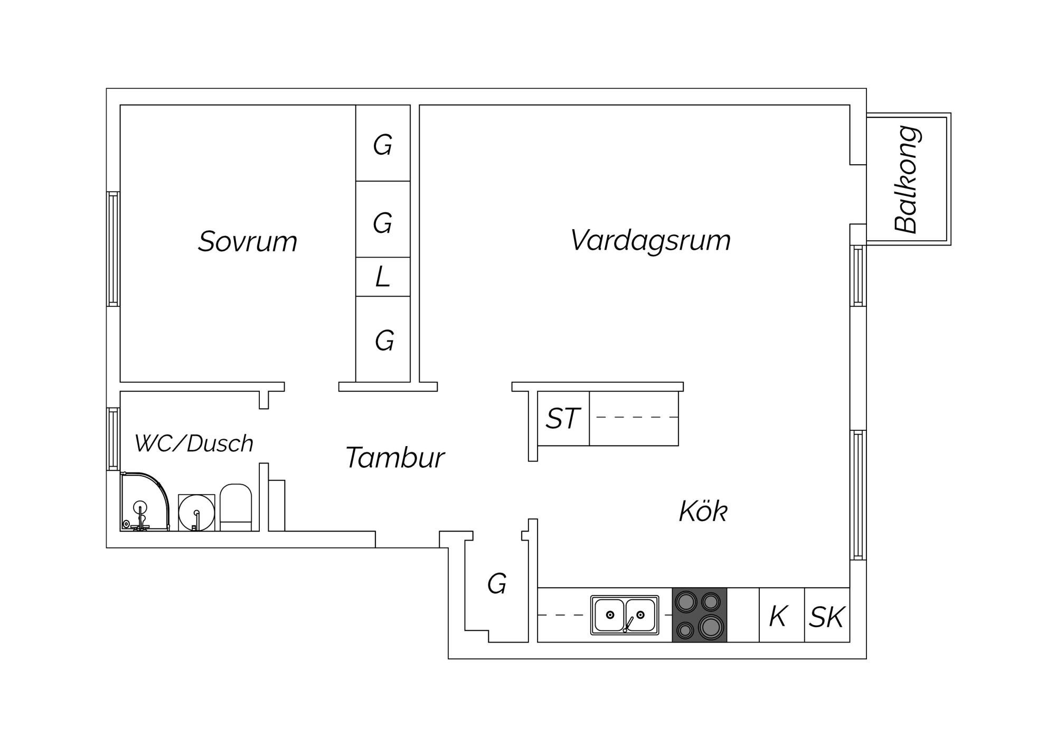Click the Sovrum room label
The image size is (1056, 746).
248,241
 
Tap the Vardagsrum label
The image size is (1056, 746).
650,241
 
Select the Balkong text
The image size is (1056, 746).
908,180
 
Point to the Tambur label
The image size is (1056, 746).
395,457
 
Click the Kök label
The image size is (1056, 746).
703,511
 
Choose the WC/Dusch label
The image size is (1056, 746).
194,443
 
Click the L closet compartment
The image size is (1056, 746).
383,277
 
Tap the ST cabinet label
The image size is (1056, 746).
563,419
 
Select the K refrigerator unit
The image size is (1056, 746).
781,615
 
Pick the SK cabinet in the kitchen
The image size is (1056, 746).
827,615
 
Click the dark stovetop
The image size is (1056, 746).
700,615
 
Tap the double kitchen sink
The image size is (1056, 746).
625,615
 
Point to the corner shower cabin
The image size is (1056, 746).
145,502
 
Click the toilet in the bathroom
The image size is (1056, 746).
235,507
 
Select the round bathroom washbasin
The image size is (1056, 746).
196,512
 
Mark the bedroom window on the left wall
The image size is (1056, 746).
113,249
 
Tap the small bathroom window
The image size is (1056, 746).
113,439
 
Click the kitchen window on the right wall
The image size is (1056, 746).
858,495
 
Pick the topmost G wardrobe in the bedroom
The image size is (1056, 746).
383,143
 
